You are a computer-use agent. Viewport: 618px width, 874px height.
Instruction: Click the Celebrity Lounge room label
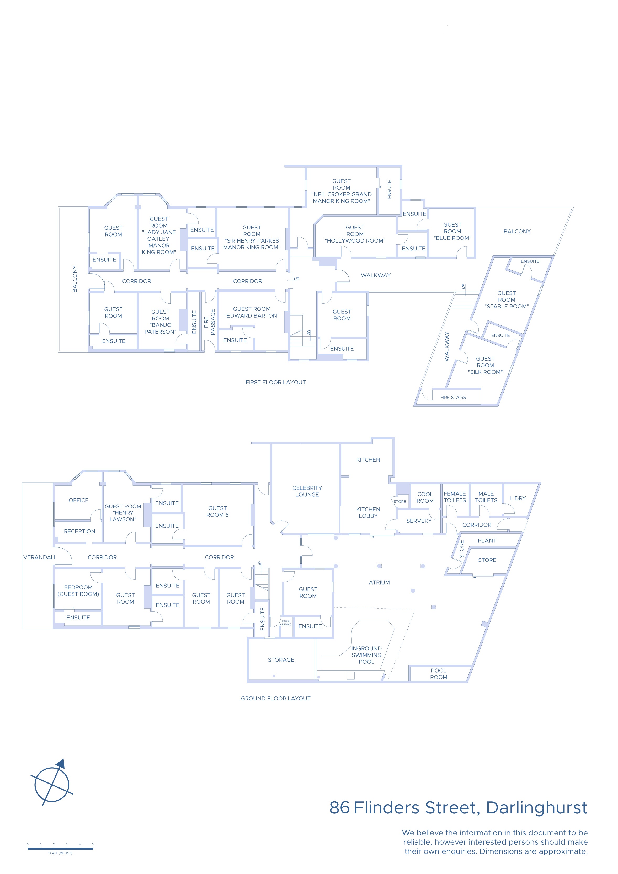pyautogui.click(x=307, y=491)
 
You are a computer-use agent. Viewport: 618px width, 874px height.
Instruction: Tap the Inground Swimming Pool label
pyautogui.click(x=366, y=655)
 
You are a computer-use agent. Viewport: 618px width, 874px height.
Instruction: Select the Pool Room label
pyautogui.click(x=439, y=674)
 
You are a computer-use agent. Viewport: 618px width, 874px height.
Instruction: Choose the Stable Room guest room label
pyautogui.click(x=507, y=299)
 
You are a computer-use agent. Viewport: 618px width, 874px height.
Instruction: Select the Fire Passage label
pyautogui.click(x=209, y=322)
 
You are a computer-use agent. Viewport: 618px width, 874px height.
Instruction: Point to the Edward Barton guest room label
pyautogui.click(x=252, y=312)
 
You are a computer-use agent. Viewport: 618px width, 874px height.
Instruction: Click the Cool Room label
pyautogui.click(x=425, y=497)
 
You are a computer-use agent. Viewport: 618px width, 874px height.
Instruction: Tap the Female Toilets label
pyautogui.click(x=455, y=497)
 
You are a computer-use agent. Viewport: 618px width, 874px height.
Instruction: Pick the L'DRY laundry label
pyautogui.click(x=518, y=498)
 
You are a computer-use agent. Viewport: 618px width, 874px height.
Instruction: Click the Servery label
pyautogui.click(x=419, y=521)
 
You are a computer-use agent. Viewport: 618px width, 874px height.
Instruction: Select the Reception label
pyautogui.click(x=79, y=531)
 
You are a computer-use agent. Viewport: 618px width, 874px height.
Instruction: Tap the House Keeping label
pyautogui.click(x=286, y=623)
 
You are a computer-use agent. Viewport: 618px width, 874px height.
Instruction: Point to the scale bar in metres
pyautogui.click(x=60, y=849)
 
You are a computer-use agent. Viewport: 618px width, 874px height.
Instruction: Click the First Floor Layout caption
pyautogui.click(x=276, y=382)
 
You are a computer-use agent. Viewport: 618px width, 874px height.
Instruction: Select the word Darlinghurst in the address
pyautogui.click(x=537, y=807)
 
